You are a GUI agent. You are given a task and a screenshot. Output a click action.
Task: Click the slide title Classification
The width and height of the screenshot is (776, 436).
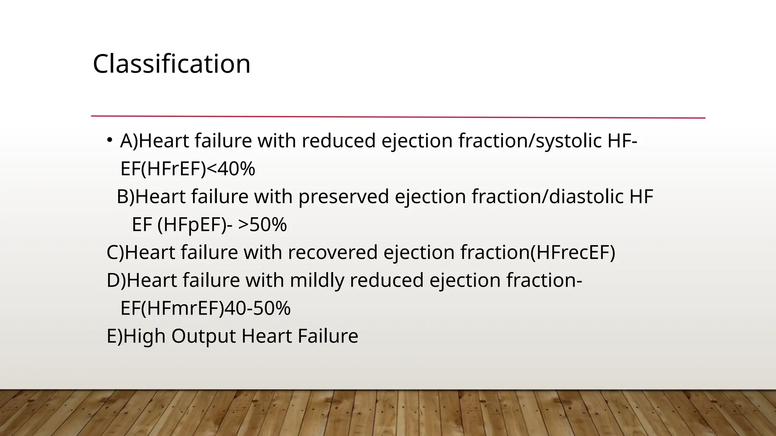[x=171, y=64]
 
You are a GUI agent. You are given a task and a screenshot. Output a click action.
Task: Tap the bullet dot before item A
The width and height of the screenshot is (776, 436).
[x=110, y=140]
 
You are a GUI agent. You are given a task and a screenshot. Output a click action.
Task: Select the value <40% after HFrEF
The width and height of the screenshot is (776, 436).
[x=231, y=169]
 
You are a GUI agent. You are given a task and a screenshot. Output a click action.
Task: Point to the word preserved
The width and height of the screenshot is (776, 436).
[x=344, y=197]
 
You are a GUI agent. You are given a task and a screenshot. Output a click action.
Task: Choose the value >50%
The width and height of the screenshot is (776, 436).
[x=263, y=225]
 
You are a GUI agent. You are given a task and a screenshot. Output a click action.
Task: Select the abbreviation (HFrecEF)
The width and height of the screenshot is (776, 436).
[x=573, y=252]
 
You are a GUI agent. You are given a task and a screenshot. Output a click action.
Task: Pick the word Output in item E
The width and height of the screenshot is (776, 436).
[x=204, y=336]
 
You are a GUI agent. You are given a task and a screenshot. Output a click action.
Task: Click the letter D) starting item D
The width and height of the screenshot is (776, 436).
[x=116, y=280]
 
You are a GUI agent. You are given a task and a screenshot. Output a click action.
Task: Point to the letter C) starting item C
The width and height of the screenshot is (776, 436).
[x=115, y=252]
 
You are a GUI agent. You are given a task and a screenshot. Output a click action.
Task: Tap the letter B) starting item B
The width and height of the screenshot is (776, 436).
[x=125, y=197]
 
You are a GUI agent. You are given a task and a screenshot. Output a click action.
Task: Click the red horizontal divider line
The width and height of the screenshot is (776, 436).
[x=398, y=117]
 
